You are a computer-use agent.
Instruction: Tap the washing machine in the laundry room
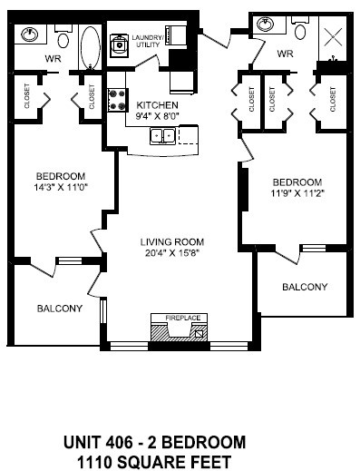120,44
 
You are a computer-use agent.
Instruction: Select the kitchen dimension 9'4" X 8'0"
159,116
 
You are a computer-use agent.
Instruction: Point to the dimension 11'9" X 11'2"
296,192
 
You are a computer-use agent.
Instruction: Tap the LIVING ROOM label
171,241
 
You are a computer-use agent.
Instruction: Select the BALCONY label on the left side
60,309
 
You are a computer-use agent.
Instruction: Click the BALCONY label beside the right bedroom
304,287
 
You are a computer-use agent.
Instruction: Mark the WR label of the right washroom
285,54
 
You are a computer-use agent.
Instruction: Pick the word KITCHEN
158,105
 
